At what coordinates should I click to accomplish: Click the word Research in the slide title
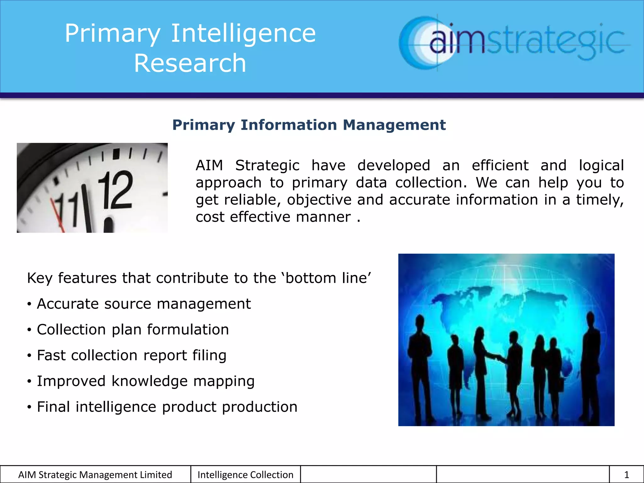coord(190,63)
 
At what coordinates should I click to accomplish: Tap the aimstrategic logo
coord(514,43)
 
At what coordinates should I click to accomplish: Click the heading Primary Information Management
coord(309,125)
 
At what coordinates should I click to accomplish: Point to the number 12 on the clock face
coord(115,191)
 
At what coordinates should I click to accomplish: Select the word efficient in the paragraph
coord(500,165)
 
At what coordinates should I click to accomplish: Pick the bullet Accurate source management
coord(144,304)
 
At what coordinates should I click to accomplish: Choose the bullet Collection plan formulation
coord(133,330)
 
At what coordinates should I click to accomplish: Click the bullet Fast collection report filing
coord(131,355)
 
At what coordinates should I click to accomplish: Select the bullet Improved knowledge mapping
coord(146,381)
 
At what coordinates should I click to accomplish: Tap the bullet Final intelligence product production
coord(167,407)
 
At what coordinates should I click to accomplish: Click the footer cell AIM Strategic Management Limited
coord(95,475)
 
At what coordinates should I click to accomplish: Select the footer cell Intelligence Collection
coord(245,475)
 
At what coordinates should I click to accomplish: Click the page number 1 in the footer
coord(626,475)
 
